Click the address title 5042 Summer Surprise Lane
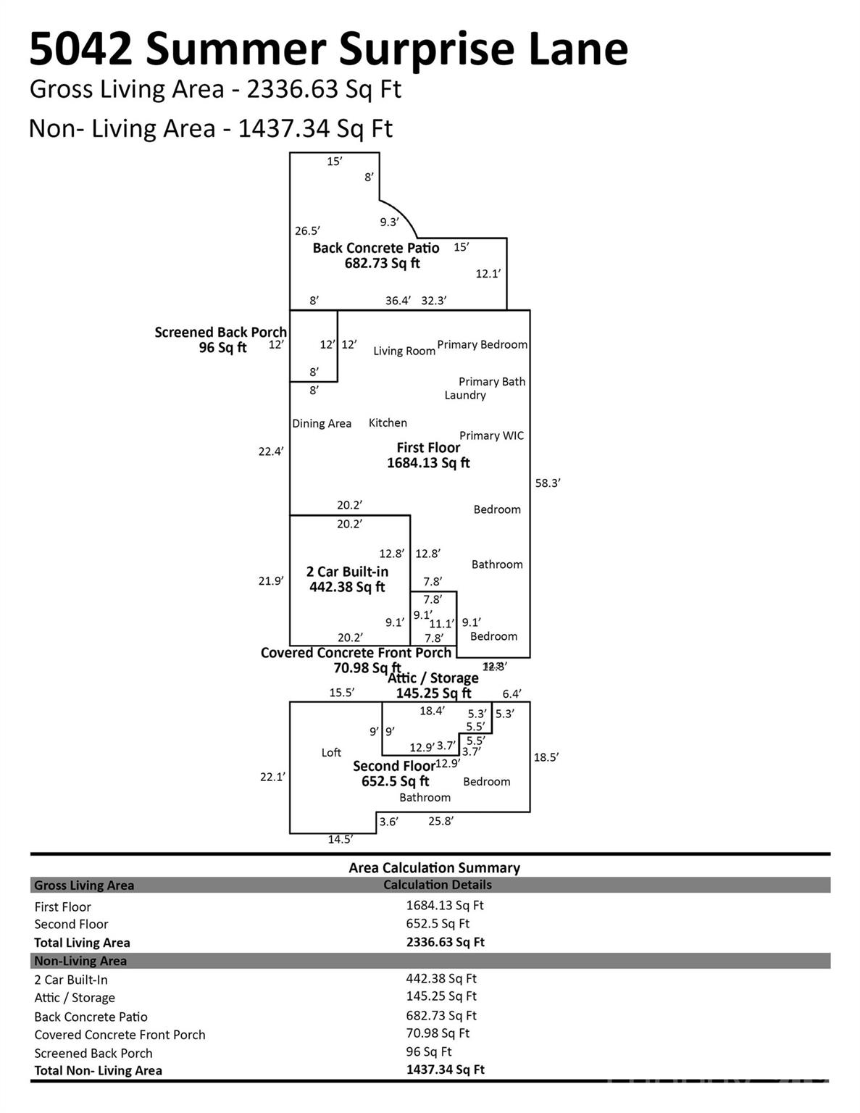pos(328,49)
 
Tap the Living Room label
pos(404,351)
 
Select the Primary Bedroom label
pos(482,344)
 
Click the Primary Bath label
pos(492,381)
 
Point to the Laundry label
pos(465,395)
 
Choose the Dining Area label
pos(322,423)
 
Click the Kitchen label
pos(388,422)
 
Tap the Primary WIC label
pos(491,435)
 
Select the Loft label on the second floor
pos(331,753)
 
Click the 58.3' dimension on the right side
pos(548,483)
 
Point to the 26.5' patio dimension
pos(307,231)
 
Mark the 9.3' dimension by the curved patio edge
pos(389,222)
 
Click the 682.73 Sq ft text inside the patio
pos(382,264)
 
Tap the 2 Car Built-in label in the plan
pos(347,572)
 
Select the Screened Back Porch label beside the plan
pos(220,333)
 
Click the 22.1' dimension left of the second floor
pos(273,777)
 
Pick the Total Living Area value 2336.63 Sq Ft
pos(445,942)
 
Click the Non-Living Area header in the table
pos(80,961)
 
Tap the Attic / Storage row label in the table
pos(75,998)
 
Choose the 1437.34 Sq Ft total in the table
pos(445,1070)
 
